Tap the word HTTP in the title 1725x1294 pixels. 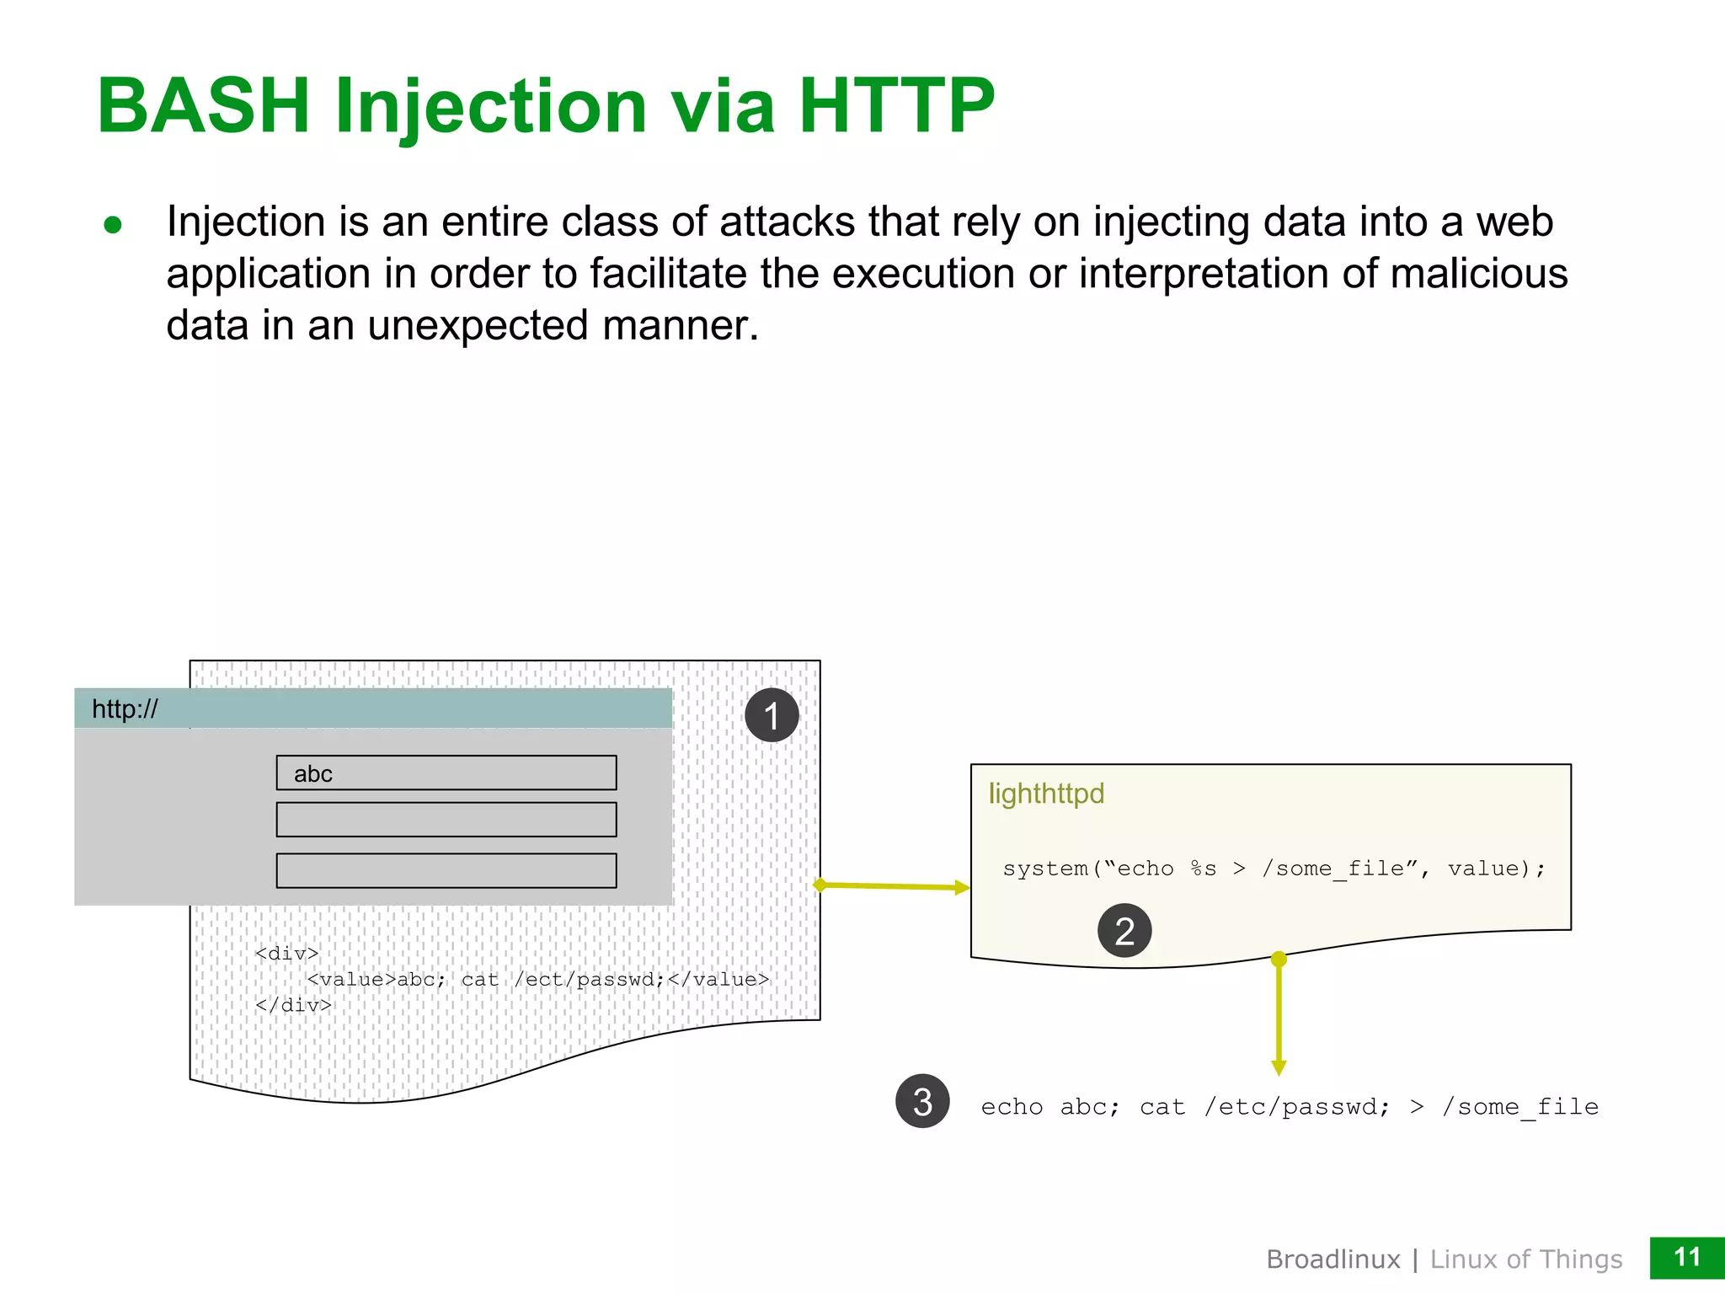pyautogui.click(x=896, y=106)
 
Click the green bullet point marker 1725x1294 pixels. pyautogui.click(x=113, y=225)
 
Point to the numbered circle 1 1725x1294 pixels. pyautogui.click(x=772, y=715)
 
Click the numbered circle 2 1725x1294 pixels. pyautogui.click(x=1124, y=931)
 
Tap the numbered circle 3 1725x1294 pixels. pyautogui.click(x=922, y=1101)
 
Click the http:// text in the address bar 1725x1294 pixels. pyautogui.click(x=125, y=708)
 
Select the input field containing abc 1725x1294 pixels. pyautogui.click(x=446, y=773)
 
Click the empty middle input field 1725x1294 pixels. pyautogui.click(x=446, y=820)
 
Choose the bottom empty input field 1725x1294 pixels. pyautogui.click(x=446, y=870)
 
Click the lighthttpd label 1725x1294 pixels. pyautogui.click(x=1046, y=794)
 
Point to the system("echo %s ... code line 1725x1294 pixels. pyautogui.click(x=1274, y=869)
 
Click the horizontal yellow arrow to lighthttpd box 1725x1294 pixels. pyautogui.click(x=893, y=886)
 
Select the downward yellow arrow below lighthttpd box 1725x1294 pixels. pyautogui.click(x=1279, y=1015)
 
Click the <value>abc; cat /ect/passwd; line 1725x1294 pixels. pyautogui.click(x=537, y=979)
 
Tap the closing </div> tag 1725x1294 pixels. pyautogui.click(x=293, y=1005)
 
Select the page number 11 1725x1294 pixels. pyautogui.click(x=1686, y=1258)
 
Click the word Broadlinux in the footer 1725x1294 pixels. pyautogui.click(x=1332, y=1259)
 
